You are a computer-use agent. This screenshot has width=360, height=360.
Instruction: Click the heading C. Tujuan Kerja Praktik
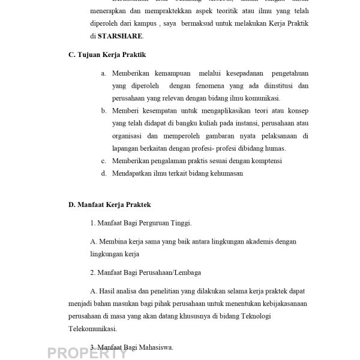(x=107, y=55)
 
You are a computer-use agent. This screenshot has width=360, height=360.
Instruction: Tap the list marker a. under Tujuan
(x=104, y=73)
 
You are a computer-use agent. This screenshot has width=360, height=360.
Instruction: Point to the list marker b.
(x=104, y=110)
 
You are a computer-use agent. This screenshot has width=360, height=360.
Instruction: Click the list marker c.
(x=104, y=161)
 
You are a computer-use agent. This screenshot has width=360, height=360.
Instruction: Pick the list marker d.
(x=104, y=173)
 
